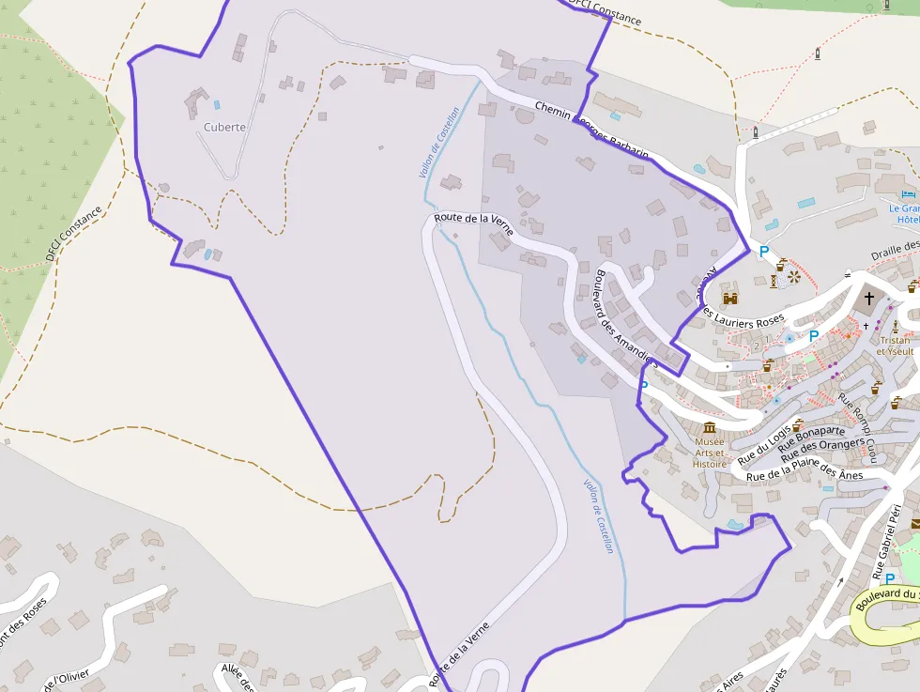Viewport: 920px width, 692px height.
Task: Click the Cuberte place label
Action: tap(224, 127)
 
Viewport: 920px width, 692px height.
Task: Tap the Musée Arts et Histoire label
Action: tap(710, 452)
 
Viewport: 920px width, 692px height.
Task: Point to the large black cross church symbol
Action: tap(868, 300)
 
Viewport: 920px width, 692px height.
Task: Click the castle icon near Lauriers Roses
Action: tap(729, 298)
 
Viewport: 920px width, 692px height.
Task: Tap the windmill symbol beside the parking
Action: tap(794, 276)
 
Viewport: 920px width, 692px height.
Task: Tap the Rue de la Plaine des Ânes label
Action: tap(804, 475)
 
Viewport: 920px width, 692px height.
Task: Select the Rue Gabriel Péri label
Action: tap(887, 543)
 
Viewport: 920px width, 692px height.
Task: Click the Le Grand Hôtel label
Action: tap(905, 213)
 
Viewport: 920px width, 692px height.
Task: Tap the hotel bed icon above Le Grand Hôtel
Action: tap(908, 194)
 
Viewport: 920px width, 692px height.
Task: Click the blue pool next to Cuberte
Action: tap(218, 104)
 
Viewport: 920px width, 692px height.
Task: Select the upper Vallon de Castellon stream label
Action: tap(439, 143)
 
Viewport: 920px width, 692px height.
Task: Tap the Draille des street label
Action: tap(895, 250)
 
